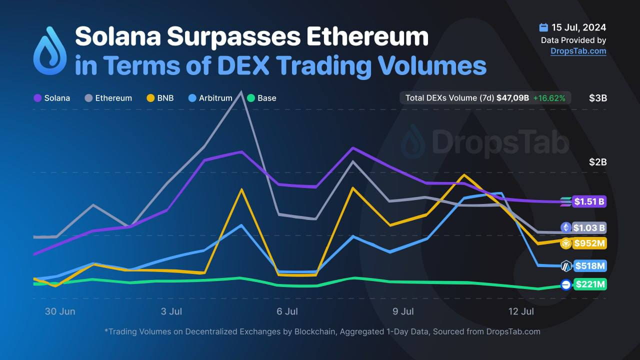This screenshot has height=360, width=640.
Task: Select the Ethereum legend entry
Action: coord(108,98)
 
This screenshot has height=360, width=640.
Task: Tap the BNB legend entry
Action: coord(160,98)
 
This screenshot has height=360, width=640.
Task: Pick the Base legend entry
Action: coord(261,98)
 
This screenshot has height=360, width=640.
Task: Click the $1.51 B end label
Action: coord(589,202)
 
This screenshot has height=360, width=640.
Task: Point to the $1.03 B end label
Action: coord(589,228)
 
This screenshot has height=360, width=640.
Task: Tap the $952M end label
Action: coord(589,243)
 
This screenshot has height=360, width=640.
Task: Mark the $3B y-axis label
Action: coord(598,98)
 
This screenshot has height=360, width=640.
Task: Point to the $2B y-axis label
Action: coord(598,162)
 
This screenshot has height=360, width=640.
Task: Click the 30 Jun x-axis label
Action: coord(60,311)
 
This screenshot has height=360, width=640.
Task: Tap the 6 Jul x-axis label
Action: coord(287,311)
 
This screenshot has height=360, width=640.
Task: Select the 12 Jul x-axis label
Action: coord(521,311)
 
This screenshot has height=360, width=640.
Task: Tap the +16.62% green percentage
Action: coord(549,98)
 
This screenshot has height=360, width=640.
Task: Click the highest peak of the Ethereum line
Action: coord(241,92)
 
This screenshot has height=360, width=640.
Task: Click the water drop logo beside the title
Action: coord(49,51)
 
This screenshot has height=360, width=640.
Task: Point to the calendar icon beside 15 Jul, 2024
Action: coord(543,27)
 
